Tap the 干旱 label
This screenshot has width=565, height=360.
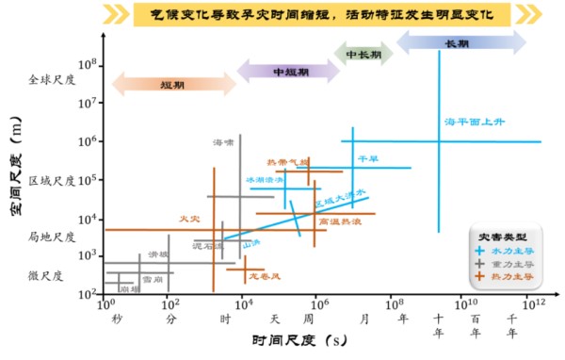[x=366, y=159]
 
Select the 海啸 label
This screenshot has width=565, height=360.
[x=222, y=142]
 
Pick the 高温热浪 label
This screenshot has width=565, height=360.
[x=336, y=221]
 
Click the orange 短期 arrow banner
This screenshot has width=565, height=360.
[x=172, y=84]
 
